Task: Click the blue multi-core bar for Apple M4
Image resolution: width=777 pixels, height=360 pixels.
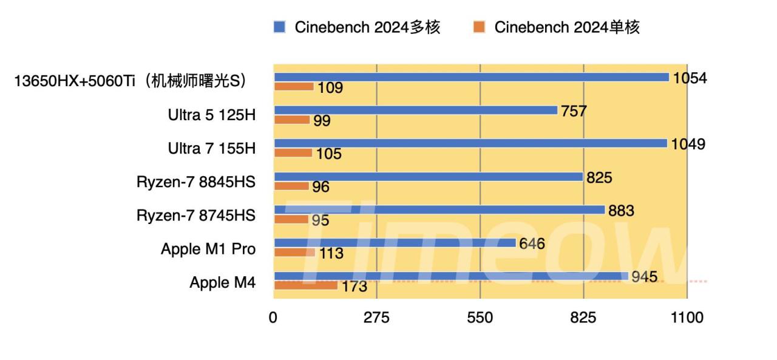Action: [x=450, y=276]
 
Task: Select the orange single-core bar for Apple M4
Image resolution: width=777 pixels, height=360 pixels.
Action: [x=305, y=285]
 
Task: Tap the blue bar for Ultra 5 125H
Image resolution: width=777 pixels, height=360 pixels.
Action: [x=415, y=110]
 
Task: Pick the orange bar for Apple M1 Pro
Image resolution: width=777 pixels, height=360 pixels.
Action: [x=294, y=252]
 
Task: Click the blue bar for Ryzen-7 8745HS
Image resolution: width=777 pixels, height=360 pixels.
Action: [x=439, y=210]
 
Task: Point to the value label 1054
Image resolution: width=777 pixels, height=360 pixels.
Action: [x=690, y=78]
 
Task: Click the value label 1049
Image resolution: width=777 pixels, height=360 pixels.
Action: [x=688, y=144]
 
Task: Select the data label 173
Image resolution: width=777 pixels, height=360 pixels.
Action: [x=355, y=287]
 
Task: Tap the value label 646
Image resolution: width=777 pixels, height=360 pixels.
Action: [x=532, y=244]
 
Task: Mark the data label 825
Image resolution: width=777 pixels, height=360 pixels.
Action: [x=599, y=178]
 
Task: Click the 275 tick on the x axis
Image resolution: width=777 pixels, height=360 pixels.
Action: [x=376, y=318]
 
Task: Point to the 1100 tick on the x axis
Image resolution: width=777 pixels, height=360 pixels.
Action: [x=687, y=318]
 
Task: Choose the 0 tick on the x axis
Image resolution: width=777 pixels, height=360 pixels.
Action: [x=273, y=318]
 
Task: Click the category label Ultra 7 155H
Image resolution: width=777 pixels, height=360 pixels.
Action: [x=212, y=148]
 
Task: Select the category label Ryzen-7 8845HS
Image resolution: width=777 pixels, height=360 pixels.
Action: [x=196, y=182]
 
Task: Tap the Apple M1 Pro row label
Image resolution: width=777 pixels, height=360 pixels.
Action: [x=208, y=249]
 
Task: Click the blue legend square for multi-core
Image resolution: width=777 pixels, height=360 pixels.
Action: [x=280, y=27]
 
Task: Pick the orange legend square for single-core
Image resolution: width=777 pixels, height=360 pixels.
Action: [x=480, y=27]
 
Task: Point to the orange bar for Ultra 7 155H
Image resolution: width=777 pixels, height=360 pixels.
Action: [x=293, y=153]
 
